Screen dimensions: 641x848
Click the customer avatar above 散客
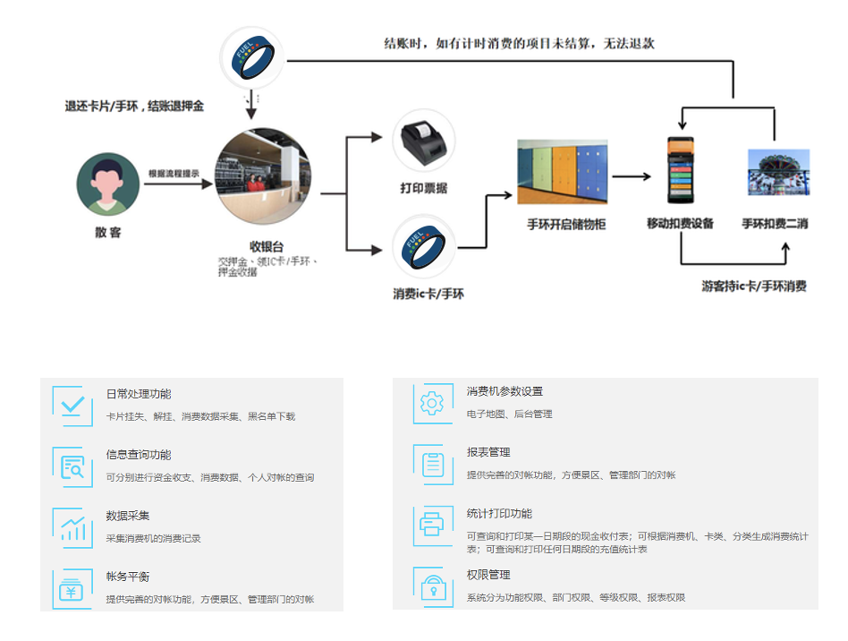108,184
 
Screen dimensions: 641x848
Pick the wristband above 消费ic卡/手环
424,245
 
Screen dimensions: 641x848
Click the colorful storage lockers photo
562,172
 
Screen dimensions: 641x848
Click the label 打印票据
424,189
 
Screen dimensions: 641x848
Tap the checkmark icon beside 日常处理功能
72,406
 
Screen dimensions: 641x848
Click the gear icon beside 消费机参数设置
432,403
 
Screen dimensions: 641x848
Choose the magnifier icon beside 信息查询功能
72,466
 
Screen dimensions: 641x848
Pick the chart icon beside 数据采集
72,527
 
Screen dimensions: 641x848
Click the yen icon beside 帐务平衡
72,588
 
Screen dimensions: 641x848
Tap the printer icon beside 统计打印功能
432,525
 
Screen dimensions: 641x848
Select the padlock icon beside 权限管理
432,585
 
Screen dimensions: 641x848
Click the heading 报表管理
488,452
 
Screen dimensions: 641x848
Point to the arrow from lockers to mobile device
632,176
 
